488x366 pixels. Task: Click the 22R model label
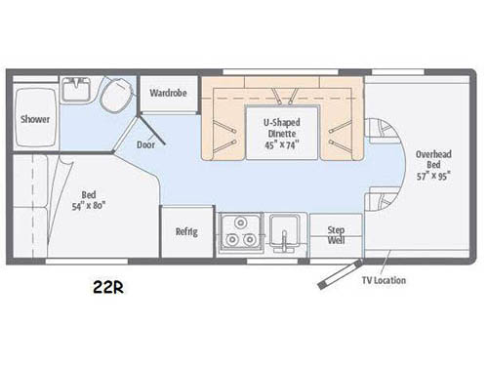click(108, 287)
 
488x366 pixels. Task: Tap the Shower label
click(35, 119)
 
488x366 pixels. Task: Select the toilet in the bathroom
click(117, 94)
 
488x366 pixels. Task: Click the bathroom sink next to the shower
click(76, 89)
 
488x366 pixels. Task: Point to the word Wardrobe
click(168, 93)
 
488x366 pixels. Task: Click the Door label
click(145, 144)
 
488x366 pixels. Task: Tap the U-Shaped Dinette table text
click(282, 128)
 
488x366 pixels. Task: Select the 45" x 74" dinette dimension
click(282, 144)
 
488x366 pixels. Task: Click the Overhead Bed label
click(433, 159)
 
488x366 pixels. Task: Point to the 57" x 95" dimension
click(433, 176)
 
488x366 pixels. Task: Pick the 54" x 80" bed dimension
click(89, 206)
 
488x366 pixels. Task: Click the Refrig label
click(186, 231)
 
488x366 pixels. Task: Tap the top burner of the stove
click(241, 223)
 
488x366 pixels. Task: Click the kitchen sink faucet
click(284, 241)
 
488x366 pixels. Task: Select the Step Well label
click(336, 235)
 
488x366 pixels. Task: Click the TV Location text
click(384, 280)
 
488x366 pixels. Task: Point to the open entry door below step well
click(340, 274)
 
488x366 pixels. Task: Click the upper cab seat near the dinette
click(384, 131)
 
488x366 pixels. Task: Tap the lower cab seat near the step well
click(384, 199)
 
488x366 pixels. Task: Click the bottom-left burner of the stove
click(232, 239)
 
